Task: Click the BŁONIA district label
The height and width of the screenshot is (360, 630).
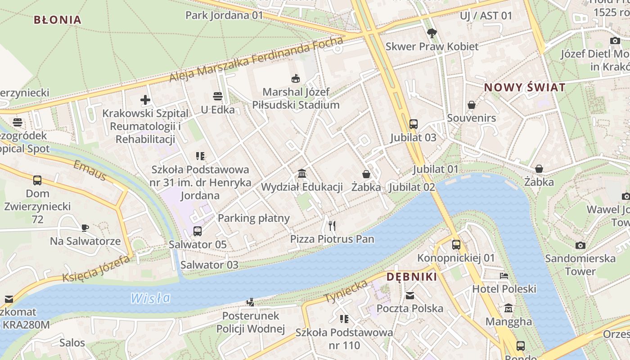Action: coord(58,20)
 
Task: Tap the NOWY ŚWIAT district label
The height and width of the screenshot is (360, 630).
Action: coord(524,88)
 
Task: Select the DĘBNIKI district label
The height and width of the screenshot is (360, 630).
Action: coord(412,277)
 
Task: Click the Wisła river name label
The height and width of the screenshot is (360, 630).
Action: coord(151,298)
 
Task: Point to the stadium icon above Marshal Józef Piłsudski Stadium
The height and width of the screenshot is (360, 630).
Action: coord(296,79)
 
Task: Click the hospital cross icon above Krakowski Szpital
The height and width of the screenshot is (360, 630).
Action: coord(145,100)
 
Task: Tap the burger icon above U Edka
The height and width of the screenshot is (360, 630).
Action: coord(218,96)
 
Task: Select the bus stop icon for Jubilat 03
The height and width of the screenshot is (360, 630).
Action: coord(413,124)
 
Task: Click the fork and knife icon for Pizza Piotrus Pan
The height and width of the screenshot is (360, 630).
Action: coord(332,225)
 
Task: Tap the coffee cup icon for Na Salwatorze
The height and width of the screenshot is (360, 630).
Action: coord(85,228)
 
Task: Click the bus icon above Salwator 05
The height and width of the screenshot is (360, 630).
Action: coord(197,231)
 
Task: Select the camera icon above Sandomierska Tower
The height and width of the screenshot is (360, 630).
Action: coord(580,245)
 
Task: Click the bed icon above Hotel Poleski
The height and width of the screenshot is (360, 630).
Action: coord(504,275)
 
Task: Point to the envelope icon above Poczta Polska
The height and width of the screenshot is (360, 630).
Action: coord(409,296)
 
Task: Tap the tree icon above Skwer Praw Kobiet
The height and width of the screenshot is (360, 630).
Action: coord(432,33)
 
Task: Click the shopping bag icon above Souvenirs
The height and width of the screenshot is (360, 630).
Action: coord(471,105)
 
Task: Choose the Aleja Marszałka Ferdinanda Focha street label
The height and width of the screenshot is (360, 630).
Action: coord(256,60)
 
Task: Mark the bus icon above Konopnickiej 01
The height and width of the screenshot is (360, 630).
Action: coord(456,245)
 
